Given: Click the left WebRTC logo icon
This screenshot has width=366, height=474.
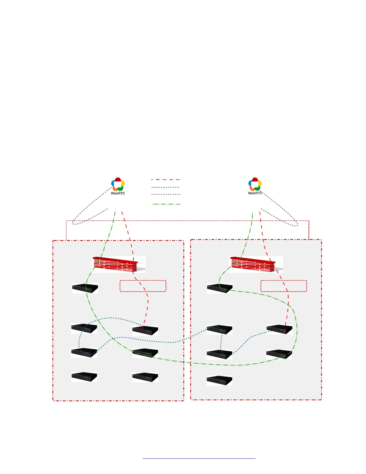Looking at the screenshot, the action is coord(118,184).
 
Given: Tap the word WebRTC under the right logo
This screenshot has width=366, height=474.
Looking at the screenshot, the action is coord(255,193).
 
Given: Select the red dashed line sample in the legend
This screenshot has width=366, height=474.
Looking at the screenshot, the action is coord(165,180).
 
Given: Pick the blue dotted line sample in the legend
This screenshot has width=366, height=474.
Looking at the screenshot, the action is coord(165,187).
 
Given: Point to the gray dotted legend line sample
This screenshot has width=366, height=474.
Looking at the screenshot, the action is coord(166,195).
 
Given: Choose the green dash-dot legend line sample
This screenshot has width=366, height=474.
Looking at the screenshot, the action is coord(166,204).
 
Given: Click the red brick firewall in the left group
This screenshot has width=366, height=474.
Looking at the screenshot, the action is coord(115,264).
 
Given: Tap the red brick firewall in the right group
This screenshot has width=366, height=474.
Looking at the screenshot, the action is coord(253,264).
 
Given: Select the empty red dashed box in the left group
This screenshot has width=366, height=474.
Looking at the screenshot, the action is coord(143,286).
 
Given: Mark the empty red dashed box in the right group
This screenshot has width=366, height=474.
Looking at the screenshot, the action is coord(284,286).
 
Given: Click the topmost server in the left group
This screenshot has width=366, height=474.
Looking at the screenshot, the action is coord(85,288).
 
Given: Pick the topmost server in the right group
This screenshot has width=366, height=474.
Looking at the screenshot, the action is coord(219,288).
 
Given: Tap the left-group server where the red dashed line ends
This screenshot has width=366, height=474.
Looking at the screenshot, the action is coord(145,330).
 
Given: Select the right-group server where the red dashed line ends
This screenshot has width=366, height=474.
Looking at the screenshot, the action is coord(279,329).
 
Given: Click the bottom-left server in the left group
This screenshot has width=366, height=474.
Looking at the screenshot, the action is coord(84,377).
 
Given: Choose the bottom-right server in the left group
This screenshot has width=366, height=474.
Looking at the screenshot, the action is coord(145,377).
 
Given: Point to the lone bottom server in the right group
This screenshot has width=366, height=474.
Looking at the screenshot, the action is coord(219,380).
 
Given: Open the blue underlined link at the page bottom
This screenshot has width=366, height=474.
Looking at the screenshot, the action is coord(199,458).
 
